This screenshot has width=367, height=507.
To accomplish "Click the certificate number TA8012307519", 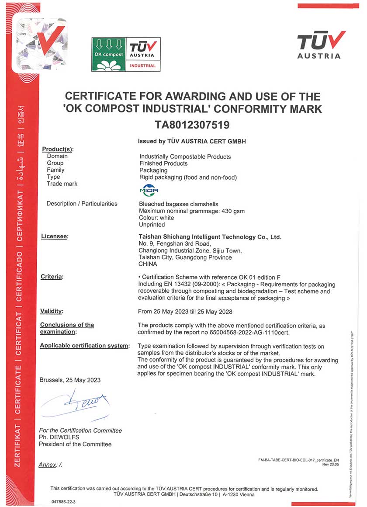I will click(192, 125).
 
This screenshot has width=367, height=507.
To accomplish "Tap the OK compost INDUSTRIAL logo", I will click(126, 54).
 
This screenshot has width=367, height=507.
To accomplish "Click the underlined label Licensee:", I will click(55, 236).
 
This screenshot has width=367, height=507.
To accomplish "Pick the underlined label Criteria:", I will click(52, 277).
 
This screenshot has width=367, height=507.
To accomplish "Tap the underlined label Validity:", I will click(52, 311).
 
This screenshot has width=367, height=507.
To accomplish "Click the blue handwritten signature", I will click(74, 403).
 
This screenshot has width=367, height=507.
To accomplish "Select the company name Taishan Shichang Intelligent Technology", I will click(210, 237).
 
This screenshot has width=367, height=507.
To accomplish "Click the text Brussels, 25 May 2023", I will click(70, 380).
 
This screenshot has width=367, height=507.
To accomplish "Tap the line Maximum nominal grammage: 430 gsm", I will click(191, 211).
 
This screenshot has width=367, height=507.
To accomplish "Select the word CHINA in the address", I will click(148, 264).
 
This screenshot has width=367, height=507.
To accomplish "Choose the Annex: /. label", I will click(51, 465).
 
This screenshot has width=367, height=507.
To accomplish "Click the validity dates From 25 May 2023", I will click(185, 312).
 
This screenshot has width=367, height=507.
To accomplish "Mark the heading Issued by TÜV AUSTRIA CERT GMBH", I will click(192, 142).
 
